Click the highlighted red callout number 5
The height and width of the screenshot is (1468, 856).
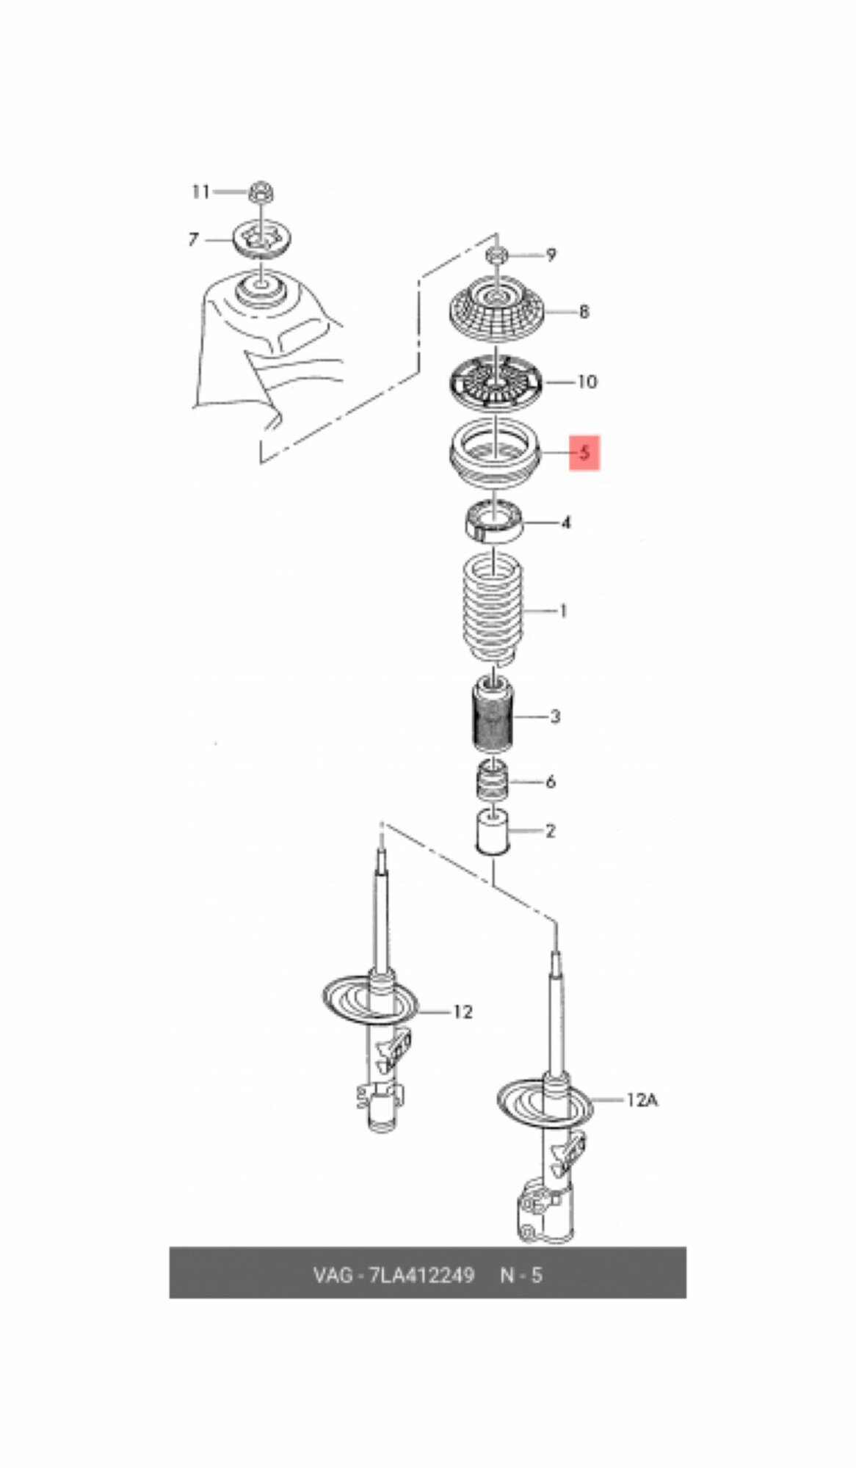[x=584, y=452]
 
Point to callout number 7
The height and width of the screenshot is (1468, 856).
[x=193, y=239]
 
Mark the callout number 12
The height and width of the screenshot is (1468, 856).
[x=463, y=1012]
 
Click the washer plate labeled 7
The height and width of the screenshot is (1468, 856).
[x=262, y=239]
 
